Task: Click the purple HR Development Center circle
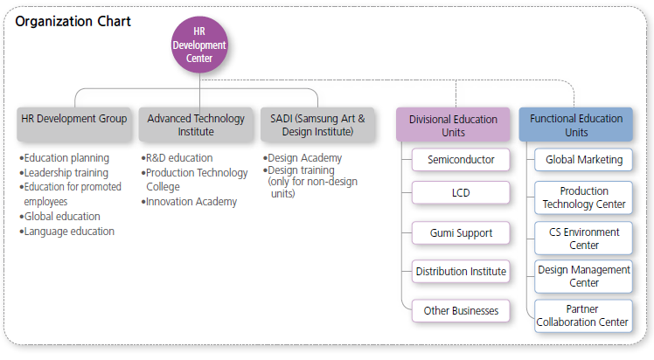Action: tap(200, 45)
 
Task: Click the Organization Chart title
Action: tap(73, 21)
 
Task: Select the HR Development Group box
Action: tap(74, 125)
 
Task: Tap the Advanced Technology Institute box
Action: tap(196, 125)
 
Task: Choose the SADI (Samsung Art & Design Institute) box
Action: tap(318, 125)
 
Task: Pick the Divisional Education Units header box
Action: tap(453, 125)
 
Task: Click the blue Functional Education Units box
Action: tap(576, 125)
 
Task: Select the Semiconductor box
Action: tap(461, 160)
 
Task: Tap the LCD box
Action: tap(461, 192)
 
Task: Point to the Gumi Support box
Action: tap(461, 233)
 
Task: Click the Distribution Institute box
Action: tap(461, 272)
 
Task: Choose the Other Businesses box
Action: tap(461, 311)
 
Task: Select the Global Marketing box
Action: tap(583, 160)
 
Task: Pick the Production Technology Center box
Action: tap(583, 198)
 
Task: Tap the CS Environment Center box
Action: tap(583, 239)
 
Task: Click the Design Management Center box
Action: tap(583, 277)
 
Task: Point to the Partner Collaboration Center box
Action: tap(583, 315)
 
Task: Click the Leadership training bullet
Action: tap(64, 173)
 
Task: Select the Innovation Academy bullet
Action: tap(189, 202)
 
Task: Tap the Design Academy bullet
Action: tap(303, 158)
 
